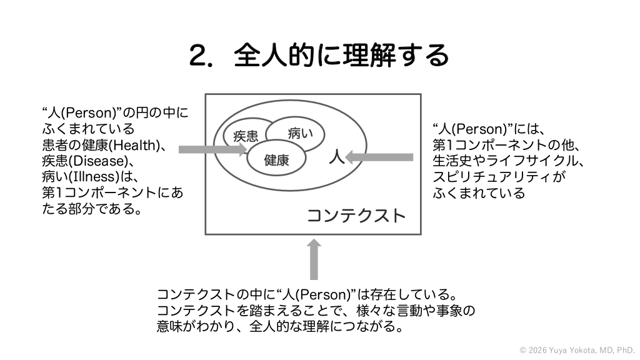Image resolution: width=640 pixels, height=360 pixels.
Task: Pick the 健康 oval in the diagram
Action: [276, 160]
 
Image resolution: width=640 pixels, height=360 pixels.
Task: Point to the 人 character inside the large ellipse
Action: [337, 156]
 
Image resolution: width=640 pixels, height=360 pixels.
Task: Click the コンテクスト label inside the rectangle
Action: [356, 216]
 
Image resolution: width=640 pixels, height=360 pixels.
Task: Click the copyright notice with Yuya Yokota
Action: [577, 350]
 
